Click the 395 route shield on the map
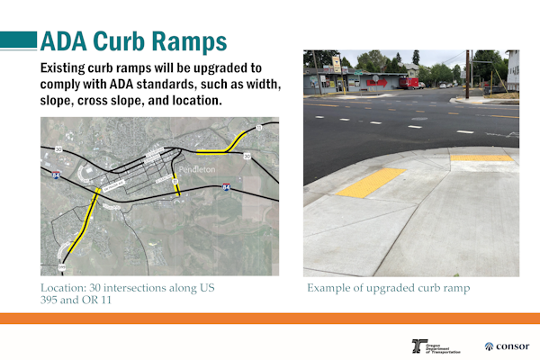coord(63,267)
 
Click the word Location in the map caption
coord(62,288)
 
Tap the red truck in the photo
coord(409,84)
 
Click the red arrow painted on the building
coord(378,82)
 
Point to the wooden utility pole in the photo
coord(467,74)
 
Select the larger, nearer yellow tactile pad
coord(372,183)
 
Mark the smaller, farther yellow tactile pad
coord(481,157)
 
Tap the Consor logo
coord(507,346)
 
